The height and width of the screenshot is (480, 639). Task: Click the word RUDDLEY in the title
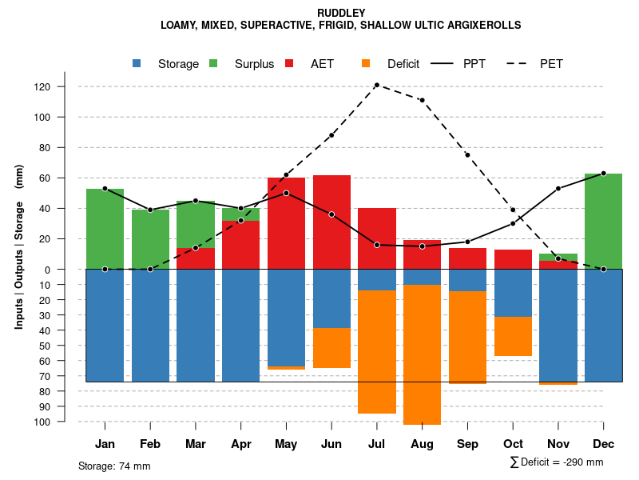(x=341, y=13)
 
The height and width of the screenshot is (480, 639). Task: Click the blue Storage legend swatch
(x=137, y=63)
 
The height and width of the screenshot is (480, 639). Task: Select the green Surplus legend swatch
(x=214, y=63)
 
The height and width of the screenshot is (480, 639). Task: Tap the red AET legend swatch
(x=289, y=63)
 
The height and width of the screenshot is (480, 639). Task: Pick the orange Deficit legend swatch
(x=366, y=63)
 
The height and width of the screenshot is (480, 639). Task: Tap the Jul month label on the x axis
(x=376, y=444)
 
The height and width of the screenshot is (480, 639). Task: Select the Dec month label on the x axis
(x=603, y=444)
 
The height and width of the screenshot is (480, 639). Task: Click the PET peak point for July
(x=376, y=85)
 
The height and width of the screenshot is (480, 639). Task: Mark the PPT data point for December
(x=603, y=173)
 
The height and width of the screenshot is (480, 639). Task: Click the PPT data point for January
(x=105, y=189)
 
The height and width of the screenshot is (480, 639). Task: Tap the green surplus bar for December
(x=603, y=221)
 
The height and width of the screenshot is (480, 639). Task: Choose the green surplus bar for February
(x=150, y=238)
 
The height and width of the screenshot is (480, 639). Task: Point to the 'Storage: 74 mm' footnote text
(x=114, y=466)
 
